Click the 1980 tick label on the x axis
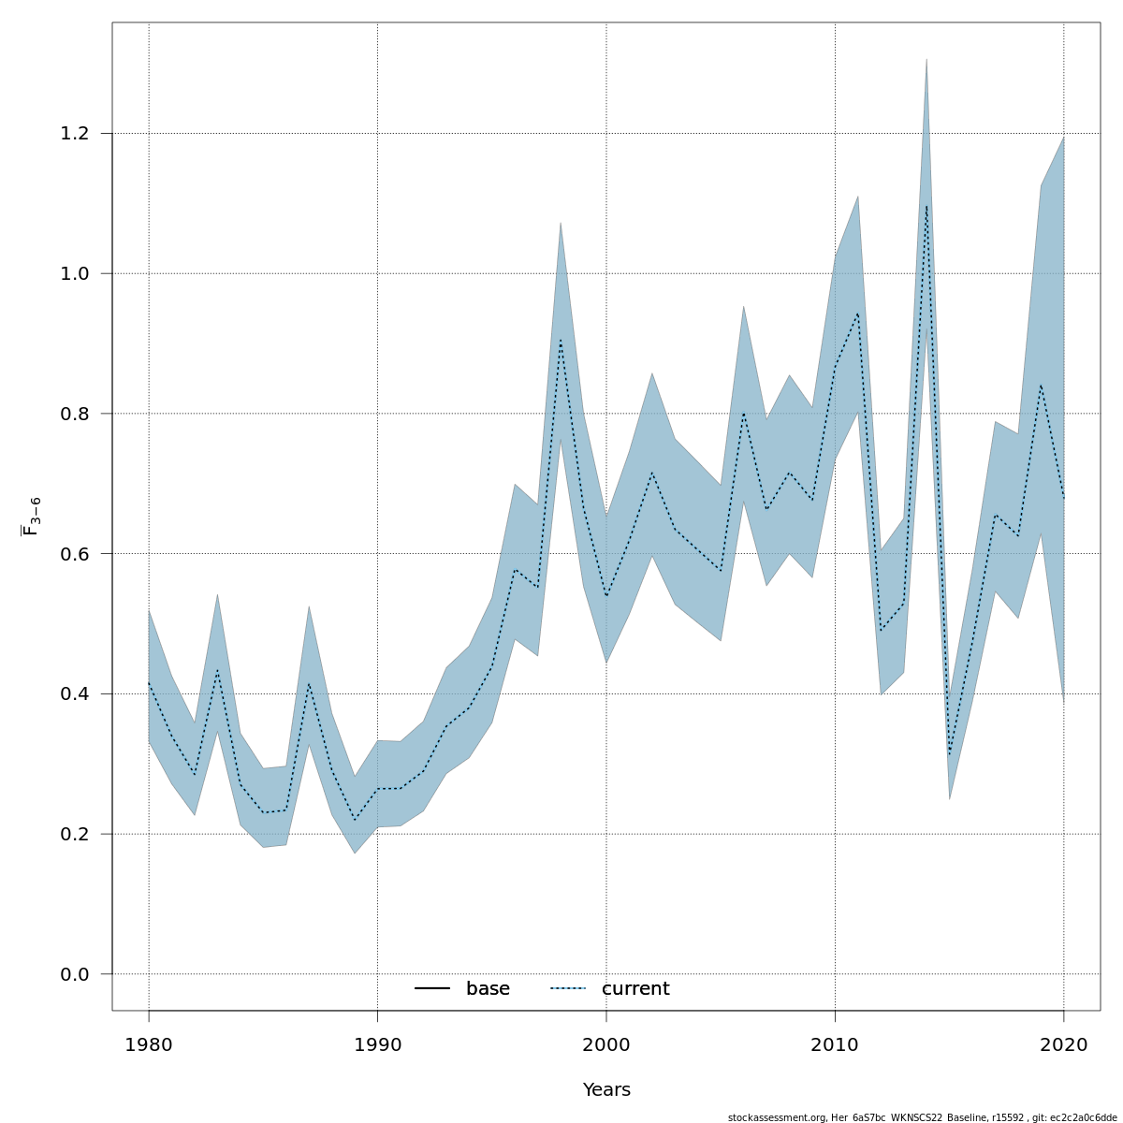[149, 1044]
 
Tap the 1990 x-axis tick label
[377, 1044]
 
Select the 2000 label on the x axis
[606, 1044]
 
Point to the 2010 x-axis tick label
[835, 1044]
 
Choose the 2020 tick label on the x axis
[1064, 1044]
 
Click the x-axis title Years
[606, 1090]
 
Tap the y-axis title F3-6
[31, 517]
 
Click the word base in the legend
[488, 989]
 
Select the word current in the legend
[635, 989]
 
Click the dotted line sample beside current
[567, 989]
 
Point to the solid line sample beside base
[432, 989]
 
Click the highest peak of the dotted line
[926, 206]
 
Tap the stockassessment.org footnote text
[922, 1117]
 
